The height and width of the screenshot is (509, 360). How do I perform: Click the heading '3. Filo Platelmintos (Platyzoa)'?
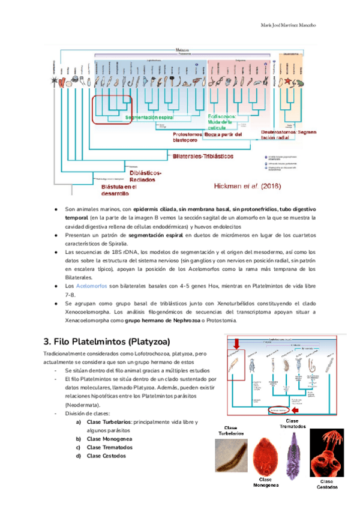(x=107, y=342)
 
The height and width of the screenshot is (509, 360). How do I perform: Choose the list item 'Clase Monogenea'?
(x=110, y=439)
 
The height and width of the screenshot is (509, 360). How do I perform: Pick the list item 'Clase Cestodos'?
(x=106, y=456)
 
